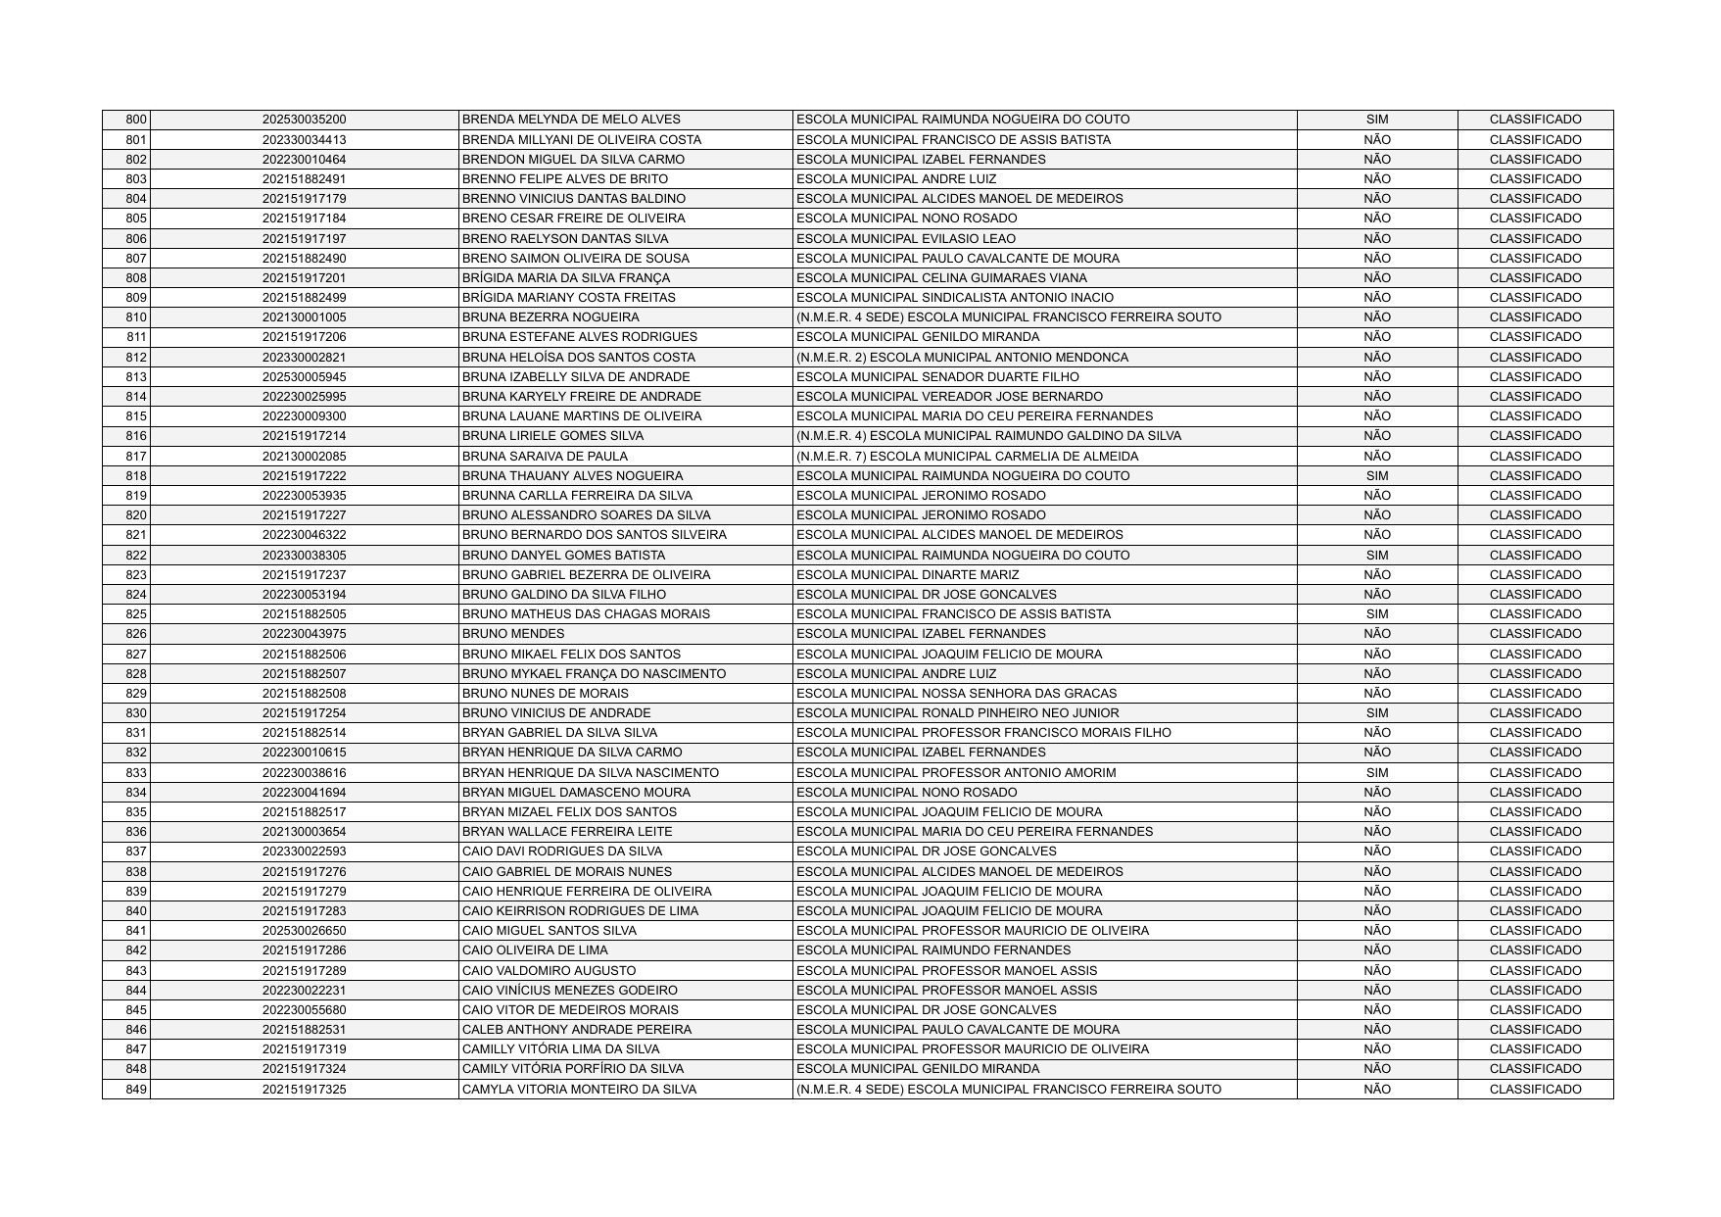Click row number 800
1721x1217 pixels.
(x=136, y=120)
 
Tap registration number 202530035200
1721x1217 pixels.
(x=304, y=120)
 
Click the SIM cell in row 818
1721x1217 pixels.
(x=1376, y=476)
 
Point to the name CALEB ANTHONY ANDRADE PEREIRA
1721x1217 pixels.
(x=576, y=1030)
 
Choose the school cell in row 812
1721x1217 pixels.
(x=962, y=358)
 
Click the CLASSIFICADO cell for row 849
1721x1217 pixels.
(x=1535, y=1090)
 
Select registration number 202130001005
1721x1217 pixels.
(x=304, y=317)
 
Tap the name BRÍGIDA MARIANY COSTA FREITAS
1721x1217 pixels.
(x=568, y=298)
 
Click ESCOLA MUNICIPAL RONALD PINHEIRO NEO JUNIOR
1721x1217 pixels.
(x=957, y=713)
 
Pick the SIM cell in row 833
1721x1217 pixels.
(x=1376, y=773)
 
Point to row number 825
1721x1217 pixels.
(x=136, y=614)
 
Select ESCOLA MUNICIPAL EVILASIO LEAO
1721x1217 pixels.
(x=906, y=239)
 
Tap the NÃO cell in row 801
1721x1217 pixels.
(x=1376, y=140)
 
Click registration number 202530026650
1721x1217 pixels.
(x=304, y=931)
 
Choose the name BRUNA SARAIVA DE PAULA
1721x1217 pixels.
(x=545, y=457)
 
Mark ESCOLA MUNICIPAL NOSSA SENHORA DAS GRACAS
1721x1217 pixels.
(x=956, y=694)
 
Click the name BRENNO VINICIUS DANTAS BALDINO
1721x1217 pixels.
(x=573, y=199)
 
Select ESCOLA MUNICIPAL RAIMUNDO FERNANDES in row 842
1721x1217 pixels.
(x=933, y=950)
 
